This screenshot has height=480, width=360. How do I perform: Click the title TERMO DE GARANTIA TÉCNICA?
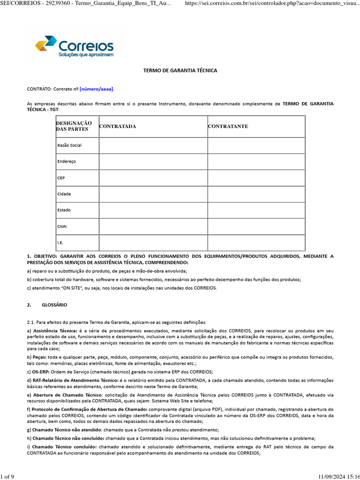click(180, 70)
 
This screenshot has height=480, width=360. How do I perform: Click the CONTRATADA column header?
click(117, 127)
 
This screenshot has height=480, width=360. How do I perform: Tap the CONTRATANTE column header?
click(228, 127)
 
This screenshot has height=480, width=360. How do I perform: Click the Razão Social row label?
click(69, 145)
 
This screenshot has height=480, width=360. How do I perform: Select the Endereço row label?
click(66, 161)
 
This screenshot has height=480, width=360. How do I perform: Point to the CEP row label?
click(61, 178)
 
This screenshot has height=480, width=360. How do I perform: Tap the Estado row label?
click(64, 210)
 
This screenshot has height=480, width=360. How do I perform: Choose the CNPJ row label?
click(62, 226)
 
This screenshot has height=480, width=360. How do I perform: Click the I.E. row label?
click(60, 243)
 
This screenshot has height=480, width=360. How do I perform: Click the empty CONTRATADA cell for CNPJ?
click(153, 226)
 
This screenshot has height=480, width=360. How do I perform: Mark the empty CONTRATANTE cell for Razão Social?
click(256, 145)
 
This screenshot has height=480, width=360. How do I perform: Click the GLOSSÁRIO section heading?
click(54, 305)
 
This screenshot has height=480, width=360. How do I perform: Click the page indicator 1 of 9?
click(7, 477)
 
